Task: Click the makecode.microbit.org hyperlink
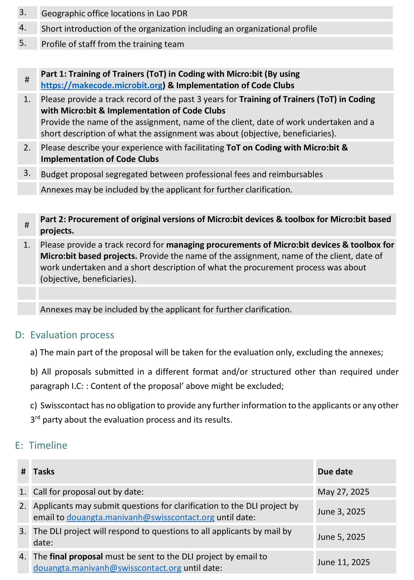[101, 85]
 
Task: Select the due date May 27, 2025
[343, 492]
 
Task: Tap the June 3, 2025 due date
[341, 512]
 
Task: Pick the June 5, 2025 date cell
[341, 537]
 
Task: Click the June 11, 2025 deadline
[343, 562]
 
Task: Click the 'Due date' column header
[335, 472]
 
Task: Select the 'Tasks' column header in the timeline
[44, 472]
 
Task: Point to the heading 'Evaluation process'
[72, 335]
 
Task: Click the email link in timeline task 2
[140, 517]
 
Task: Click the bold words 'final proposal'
[76, 557]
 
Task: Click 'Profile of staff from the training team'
[112, 44]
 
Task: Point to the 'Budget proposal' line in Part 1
[181, 174]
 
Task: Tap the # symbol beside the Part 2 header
[27, 225]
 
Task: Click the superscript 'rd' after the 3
[38, 417]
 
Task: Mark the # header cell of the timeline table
[23, 472]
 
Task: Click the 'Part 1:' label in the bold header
[53, 74]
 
